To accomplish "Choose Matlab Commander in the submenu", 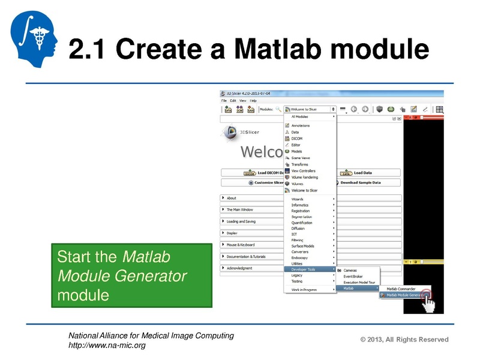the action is click(x=400, y=289).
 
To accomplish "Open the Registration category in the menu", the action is click(x=301, y=211).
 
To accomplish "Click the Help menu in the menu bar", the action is click(x=253, y=100).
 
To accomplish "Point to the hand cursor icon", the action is click(x=428, y=305).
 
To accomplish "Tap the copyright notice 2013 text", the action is click(x=404, y=340).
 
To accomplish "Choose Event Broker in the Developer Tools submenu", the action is click(x=354, y=276).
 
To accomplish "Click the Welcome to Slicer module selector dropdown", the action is click(x=310, y=109).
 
